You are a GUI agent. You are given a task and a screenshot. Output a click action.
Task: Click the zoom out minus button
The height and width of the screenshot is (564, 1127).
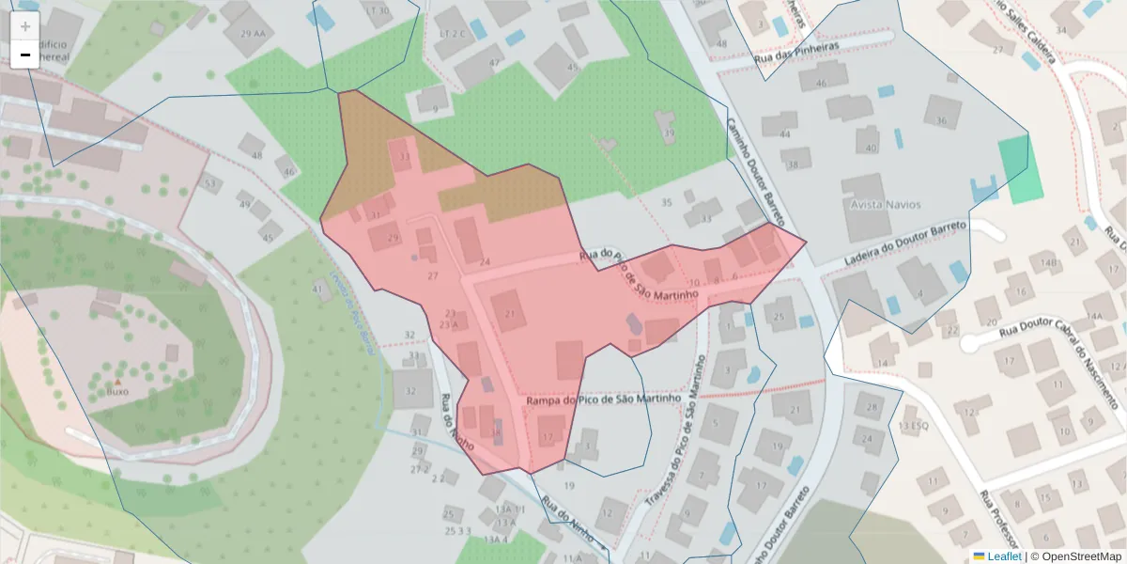pyautogui.click(x=24, y=55)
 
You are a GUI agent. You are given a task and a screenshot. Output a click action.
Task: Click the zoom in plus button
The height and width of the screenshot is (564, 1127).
pyautogui.click(x=24, y=26)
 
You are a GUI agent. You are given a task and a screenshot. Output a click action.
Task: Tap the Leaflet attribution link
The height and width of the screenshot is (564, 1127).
pyautogui.click(x=996, y=556)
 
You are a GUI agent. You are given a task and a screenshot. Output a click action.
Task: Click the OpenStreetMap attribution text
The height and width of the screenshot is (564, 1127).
pyautogui.click(x=1076, y=556)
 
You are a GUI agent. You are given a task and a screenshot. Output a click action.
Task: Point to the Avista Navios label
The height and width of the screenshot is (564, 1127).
pyautogui.click(x=886, y=204)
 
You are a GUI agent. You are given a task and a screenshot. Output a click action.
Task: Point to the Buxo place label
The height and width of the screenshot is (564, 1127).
pyautogui.click(x=117, y=391)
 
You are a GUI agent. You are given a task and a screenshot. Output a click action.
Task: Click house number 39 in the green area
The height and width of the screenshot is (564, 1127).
pyautogui.click(x=669, y=133)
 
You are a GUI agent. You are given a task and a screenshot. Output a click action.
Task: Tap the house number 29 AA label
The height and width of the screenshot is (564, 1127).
pyautogui.click(x=253, y=34)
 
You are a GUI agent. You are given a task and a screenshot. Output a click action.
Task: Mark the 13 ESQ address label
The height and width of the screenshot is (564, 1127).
pyautogui.click(x=914, y=427)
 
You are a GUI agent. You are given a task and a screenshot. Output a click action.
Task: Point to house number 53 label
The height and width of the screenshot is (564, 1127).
pyautogui.click(x=210, y=182)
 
